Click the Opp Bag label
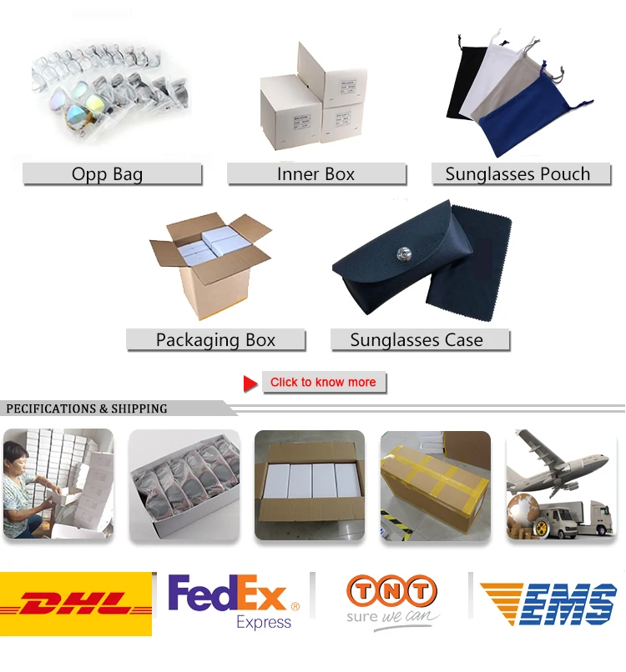pos(112,174)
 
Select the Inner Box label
pos(316,174)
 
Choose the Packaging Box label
pos(215,340)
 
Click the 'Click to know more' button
pos(324,383)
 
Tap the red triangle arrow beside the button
pos(250,384)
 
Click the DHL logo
pos(76,603)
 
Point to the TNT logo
pos(392,599)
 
